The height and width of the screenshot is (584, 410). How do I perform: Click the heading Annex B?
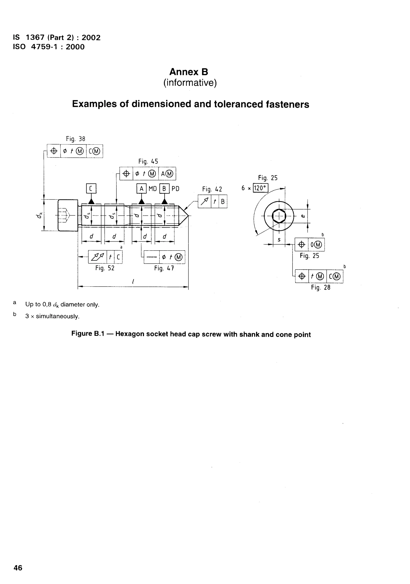point(189,72)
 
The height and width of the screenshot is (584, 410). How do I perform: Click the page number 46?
point(18,568)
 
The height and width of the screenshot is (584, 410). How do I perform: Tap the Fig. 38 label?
point(75,139)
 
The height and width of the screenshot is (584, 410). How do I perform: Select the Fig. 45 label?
point(148,161)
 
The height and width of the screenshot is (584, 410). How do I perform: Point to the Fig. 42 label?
point(212,189)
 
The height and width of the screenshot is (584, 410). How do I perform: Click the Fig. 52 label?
point(105,268)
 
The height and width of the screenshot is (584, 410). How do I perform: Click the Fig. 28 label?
point(321,288)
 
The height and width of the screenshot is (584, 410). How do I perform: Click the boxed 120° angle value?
point(260,188)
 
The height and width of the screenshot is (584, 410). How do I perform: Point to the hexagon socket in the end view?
point(279,216)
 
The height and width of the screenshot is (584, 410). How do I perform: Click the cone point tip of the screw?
point(188,216)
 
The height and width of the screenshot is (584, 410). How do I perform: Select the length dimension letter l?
point(133,281)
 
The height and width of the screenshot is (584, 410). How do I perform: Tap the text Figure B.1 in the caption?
point(88,334)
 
